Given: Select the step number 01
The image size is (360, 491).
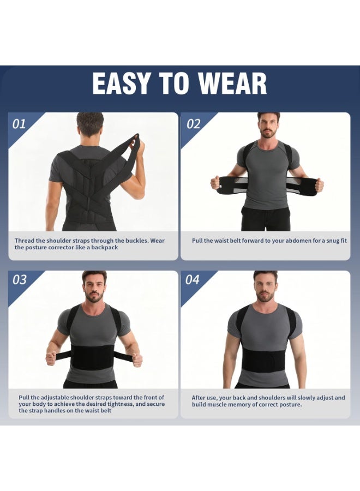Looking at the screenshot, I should click(19, 124).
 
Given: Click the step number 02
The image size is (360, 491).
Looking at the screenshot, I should click(194, 124).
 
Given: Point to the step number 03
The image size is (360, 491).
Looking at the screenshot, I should click(19, 280).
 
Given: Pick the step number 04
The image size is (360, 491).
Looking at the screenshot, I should click(193, 280).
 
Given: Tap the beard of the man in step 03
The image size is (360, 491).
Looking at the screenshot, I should click(94, 298).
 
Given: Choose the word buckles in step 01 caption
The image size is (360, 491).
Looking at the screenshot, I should click(133, 241).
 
